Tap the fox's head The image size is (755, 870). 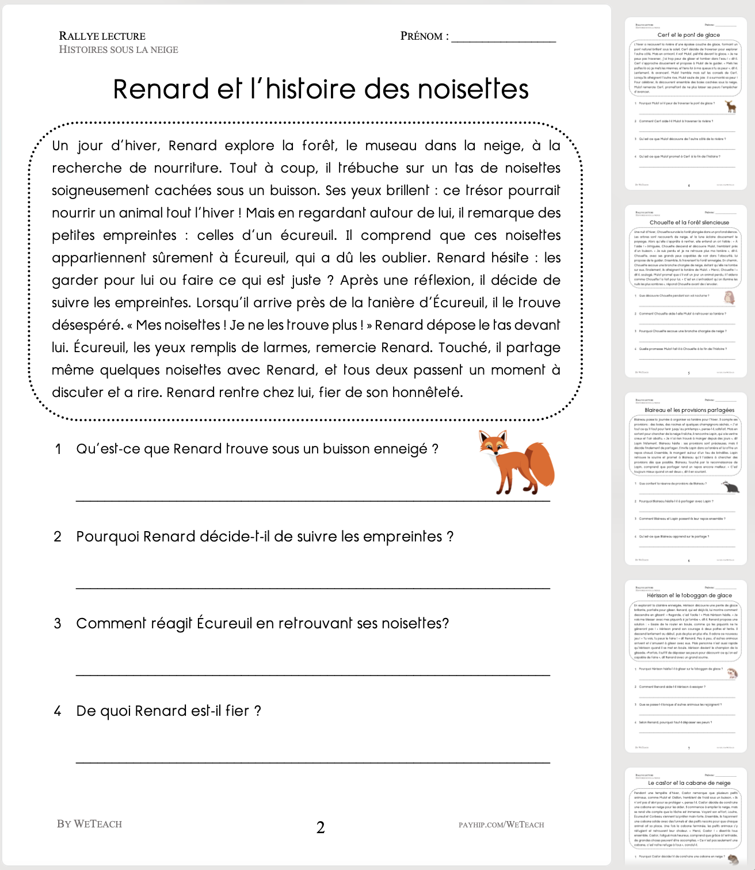coord(494,444)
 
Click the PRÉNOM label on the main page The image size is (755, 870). coord(424,36)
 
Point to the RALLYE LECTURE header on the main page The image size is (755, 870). coord(102,36)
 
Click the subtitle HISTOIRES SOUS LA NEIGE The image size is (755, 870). coord(119,49)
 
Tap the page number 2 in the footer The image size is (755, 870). coord(321,827)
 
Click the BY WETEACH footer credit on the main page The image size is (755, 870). coord(89,824)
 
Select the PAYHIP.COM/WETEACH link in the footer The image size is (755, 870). coord(501,825)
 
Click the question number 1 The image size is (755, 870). coord(58,449)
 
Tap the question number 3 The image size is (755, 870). coord(58,624)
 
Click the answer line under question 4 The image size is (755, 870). coord(313,762)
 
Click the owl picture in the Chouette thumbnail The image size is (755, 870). coord(729,297)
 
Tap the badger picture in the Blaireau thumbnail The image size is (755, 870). coord(729,487)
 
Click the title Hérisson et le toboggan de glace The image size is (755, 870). coord(689,596)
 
